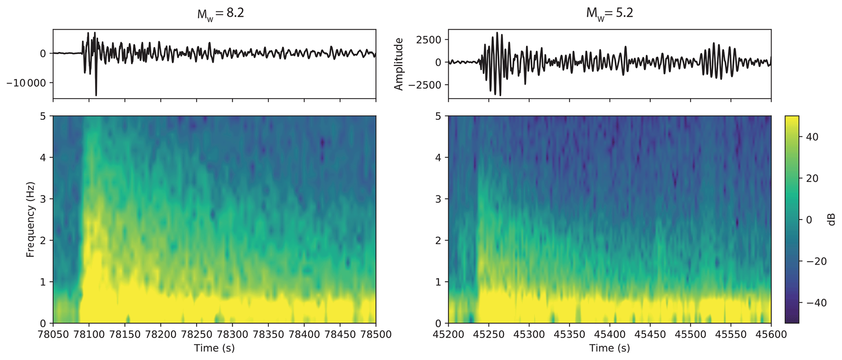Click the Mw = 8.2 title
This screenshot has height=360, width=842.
(x=220, y=13)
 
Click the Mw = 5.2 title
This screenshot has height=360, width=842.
(x=609, y=13)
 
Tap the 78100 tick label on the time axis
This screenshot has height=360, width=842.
(x=89, y=335)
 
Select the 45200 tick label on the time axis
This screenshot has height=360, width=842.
(x=448, y=335)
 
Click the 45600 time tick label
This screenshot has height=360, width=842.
(x=771, y=335)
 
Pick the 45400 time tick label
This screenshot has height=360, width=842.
(x=609, y=335)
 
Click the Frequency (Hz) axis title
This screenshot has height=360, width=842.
(x=30, y=220)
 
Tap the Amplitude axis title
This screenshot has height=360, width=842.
(x=398, y=64)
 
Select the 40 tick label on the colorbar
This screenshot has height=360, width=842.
(x=812, y=137)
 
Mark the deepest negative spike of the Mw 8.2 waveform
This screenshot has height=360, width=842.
(x=96, y=95)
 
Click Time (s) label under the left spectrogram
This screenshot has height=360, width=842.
(x=214, y=348)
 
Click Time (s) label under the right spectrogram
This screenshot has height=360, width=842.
(x=609, y=348)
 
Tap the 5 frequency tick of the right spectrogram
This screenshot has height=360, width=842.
(x=438, y=116)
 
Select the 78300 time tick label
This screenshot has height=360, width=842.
(x=232, y=335)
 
